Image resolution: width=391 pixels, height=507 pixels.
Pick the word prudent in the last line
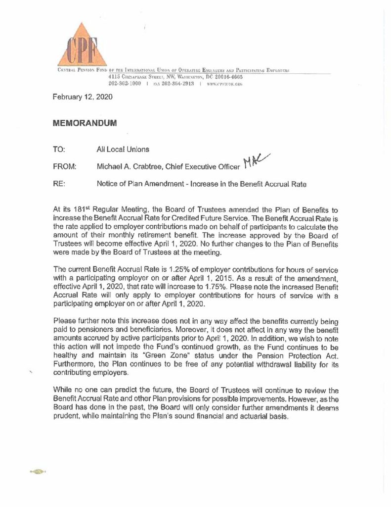[66, 416]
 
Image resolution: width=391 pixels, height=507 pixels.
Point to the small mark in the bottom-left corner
[38, 472]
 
